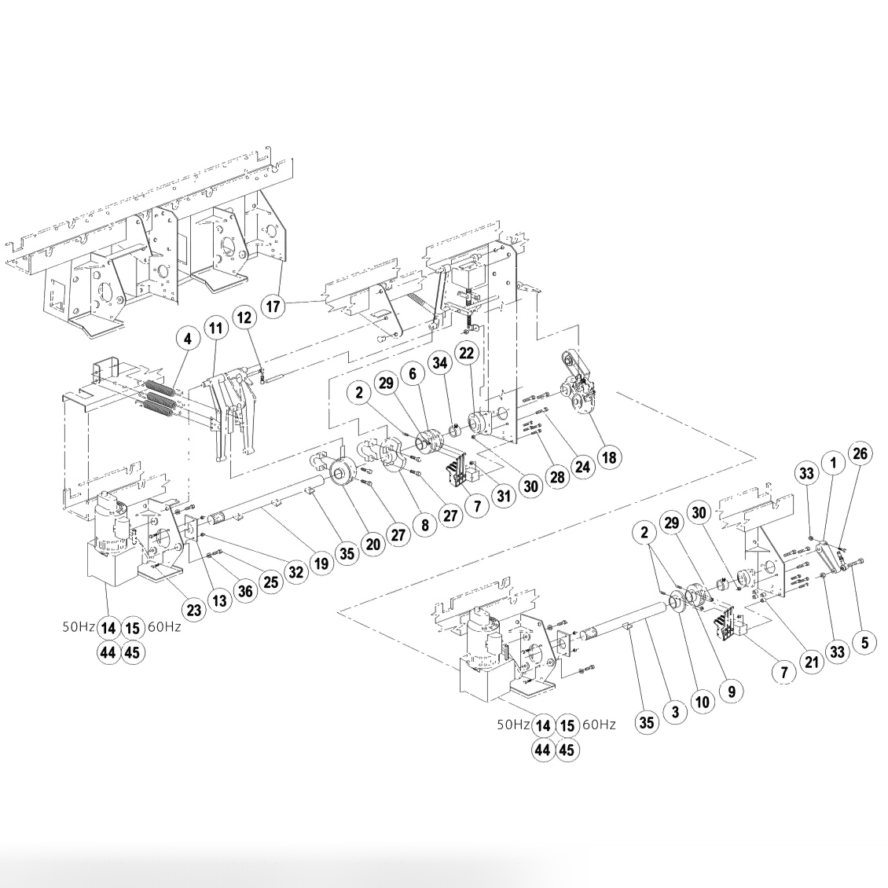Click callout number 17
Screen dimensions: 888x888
(273, 306)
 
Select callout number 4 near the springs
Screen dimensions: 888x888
(187, 340)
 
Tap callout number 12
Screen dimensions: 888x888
(245, 318)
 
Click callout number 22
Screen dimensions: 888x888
(467, 354)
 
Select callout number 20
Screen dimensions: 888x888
(372, 543)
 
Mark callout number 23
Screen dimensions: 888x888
(193, 608)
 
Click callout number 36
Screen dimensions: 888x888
(245, 592)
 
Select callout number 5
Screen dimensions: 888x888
(864, 642)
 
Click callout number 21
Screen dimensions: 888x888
(811, 662)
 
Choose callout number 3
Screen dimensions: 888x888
(673, 712)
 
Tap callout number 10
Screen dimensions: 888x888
(702, 702)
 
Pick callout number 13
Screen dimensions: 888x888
(219, 601)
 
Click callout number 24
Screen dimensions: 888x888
(582, 466)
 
